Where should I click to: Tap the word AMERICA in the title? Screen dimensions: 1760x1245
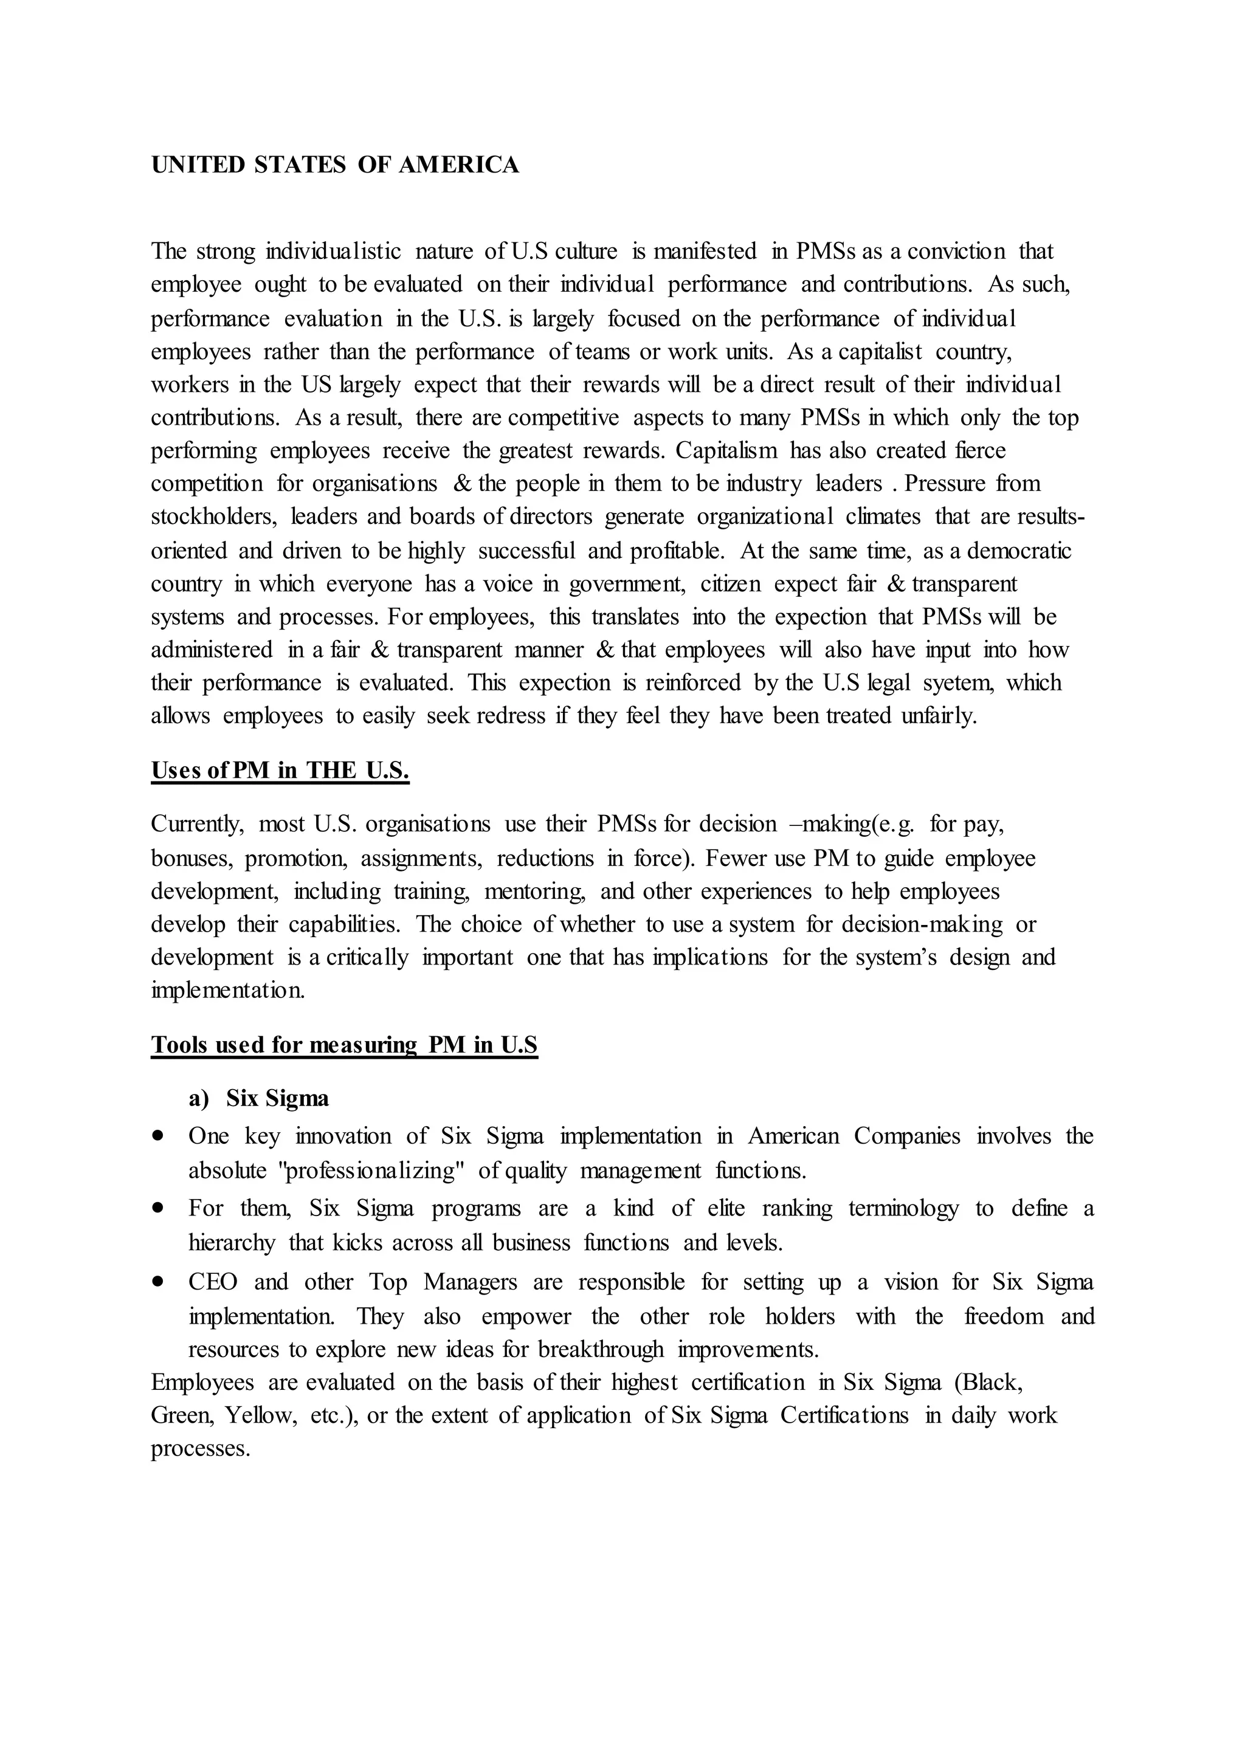point(458,165)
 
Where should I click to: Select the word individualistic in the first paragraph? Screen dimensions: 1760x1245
point(333,252)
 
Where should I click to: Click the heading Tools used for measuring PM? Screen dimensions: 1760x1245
point(344,1045)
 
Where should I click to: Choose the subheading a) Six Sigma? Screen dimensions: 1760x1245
point(259,1098)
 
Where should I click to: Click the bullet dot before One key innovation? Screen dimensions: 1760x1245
point(159,1135)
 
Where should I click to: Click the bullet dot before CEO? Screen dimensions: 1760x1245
point(159,1281)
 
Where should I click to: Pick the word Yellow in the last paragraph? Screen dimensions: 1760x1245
point(261,1415)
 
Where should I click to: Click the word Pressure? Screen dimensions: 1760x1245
point(947,484)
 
